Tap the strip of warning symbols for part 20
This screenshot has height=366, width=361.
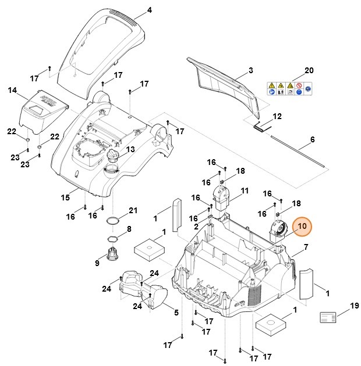point(288,89)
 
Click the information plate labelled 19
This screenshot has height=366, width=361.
point(328,317)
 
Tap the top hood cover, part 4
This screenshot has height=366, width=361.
point(105,46)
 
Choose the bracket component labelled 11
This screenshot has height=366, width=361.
point(221,197)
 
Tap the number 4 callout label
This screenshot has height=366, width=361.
point(150,10)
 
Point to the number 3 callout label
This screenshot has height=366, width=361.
point(250,70)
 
